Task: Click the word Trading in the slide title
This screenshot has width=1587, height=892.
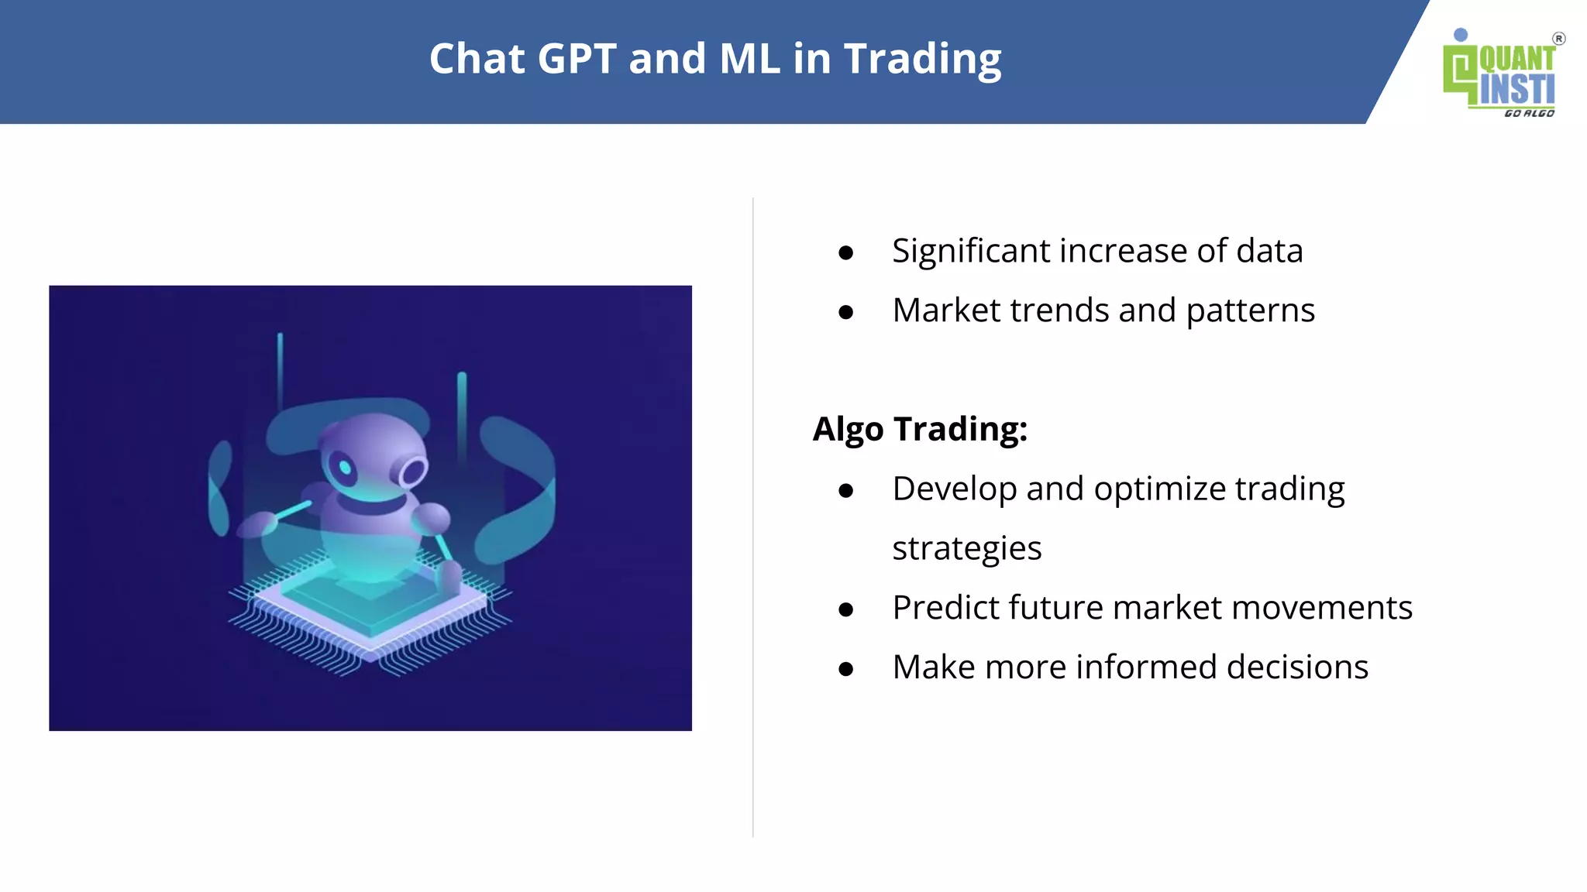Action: tap(922, 59)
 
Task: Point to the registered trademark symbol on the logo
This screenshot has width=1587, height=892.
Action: tap(1558, 39)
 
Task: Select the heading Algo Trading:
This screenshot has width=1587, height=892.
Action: tap(920, 429)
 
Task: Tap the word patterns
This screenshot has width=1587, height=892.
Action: tap(1250, 310)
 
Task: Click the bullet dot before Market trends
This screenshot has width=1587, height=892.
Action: tap(845, 312)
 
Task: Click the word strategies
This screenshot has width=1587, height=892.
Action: tap(966, 548)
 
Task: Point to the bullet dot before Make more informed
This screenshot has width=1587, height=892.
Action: tap(845, 669)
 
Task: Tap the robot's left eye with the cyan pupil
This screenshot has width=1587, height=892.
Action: tap(344, 468)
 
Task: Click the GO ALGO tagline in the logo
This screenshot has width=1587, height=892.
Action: tap(1528, 114)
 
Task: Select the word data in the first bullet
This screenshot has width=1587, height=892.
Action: tap(1269, 251)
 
